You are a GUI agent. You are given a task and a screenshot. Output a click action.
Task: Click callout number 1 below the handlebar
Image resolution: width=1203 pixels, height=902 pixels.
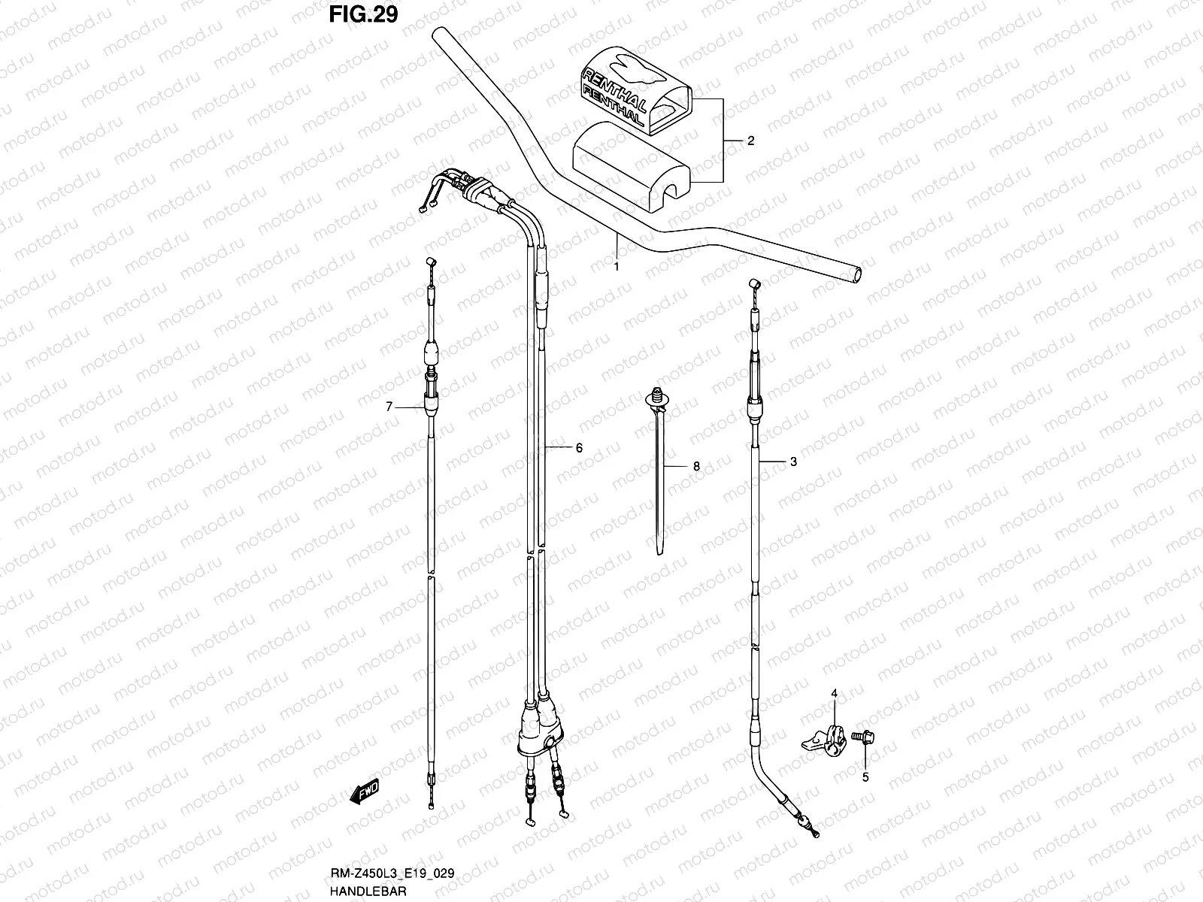pyautogui.click(x=617, y=266)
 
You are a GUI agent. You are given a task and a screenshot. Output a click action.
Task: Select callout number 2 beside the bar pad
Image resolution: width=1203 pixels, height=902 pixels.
pyautogui.click(x=750, y=141)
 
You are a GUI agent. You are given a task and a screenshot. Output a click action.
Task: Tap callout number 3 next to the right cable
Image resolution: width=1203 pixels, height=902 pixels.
pyautogui.click(x=793, y=462)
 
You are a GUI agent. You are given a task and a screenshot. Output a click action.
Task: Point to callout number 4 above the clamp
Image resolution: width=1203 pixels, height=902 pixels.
pyautogui.click(x=833, y=692)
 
